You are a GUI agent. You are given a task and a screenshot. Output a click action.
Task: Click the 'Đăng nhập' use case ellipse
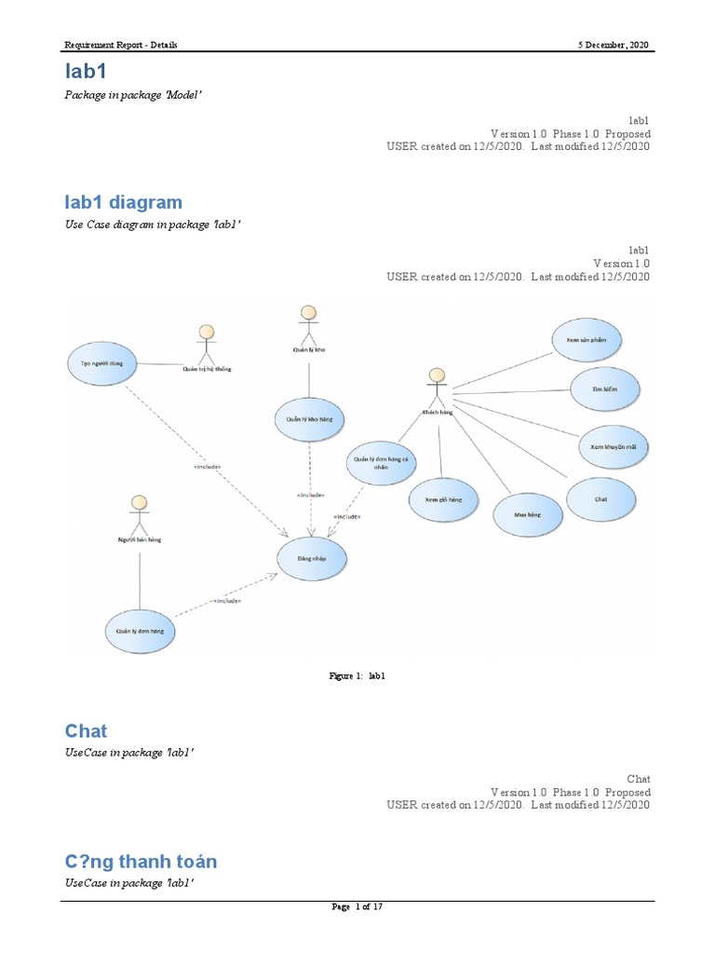coord(313,559)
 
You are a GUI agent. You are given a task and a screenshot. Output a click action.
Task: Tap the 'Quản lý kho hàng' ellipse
coord(308,420)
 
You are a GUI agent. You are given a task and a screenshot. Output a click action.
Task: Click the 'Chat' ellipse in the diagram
coord(601,498)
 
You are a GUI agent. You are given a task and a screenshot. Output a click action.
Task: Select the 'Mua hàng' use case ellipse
coord(527,513)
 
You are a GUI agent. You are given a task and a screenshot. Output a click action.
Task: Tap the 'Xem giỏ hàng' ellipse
coord(443,500)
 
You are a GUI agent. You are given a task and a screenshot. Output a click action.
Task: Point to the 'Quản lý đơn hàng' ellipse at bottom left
coord(140,631)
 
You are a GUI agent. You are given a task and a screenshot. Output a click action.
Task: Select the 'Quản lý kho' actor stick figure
coord(306,324)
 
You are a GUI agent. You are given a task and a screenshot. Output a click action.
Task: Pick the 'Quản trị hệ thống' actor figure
coord(207,345)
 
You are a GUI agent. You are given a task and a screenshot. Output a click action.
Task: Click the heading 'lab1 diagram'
coord(123,202)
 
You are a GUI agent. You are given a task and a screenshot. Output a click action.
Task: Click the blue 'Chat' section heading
coord(86,730)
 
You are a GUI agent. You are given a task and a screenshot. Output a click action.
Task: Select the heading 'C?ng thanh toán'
coord(141,861)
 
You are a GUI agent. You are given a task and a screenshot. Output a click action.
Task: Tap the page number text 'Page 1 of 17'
coord(357,909)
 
